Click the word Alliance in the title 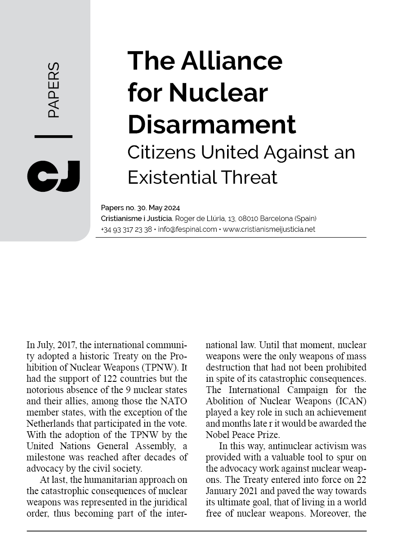point(232,61)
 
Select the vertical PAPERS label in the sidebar point(53,90)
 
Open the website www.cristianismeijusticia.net point(269,229)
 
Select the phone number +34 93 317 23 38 point(126,229)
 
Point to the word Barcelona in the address point(270,219)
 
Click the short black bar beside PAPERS point(53,136)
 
